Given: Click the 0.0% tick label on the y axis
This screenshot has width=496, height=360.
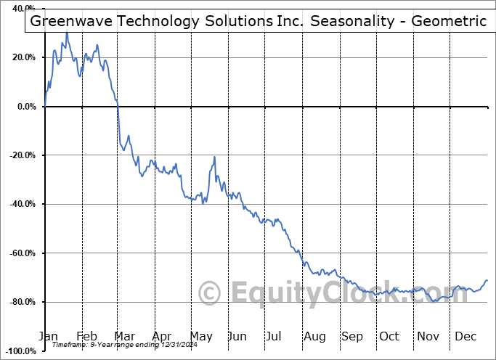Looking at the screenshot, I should pos(25,107).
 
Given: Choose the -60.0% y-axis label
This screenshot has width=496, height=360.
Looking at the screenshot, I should pos(21,253).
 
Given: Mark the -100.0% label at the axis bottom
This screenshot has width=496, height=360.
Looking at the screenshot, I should pos(19,351).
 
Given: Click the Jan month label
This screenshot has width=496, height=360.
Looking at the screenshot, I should pos(48,336).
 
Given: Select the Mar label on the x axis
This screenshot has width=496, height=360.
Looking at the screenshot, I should pos(125,336).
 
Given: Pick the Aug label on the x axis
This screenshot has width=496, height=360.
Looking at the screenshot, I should pos(314,336).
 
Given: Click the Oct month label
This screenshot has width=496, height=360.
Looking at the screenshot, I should pos(389,336).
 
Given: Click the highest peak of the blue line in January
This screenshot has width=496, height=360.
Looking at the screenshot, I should pos(67,33).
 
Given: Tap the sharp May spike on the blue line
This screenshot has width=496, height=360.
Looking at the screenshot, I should pos(214,157).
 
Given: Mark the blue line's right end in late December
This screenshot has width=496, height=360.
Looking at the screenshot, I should pos(487,280).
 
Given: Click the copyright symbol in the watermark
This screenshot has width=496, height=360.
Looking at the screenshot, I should pos(210,294).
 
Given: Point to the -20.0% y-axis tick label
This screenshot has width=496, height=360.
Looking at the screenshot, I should pos(21,155).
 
